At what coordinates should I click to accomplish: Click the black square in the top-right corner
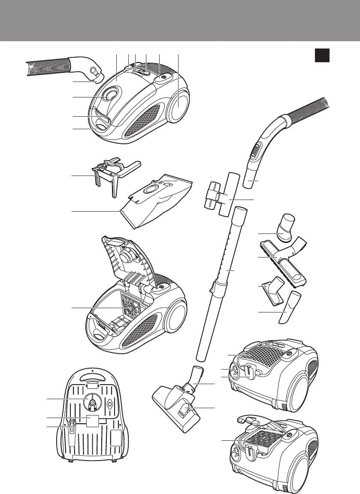(322, 55)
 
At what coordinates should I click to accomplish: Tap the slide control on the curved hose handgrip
(255, 151)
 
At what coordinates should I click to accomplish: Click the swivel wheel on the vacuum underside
(92, 401)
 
